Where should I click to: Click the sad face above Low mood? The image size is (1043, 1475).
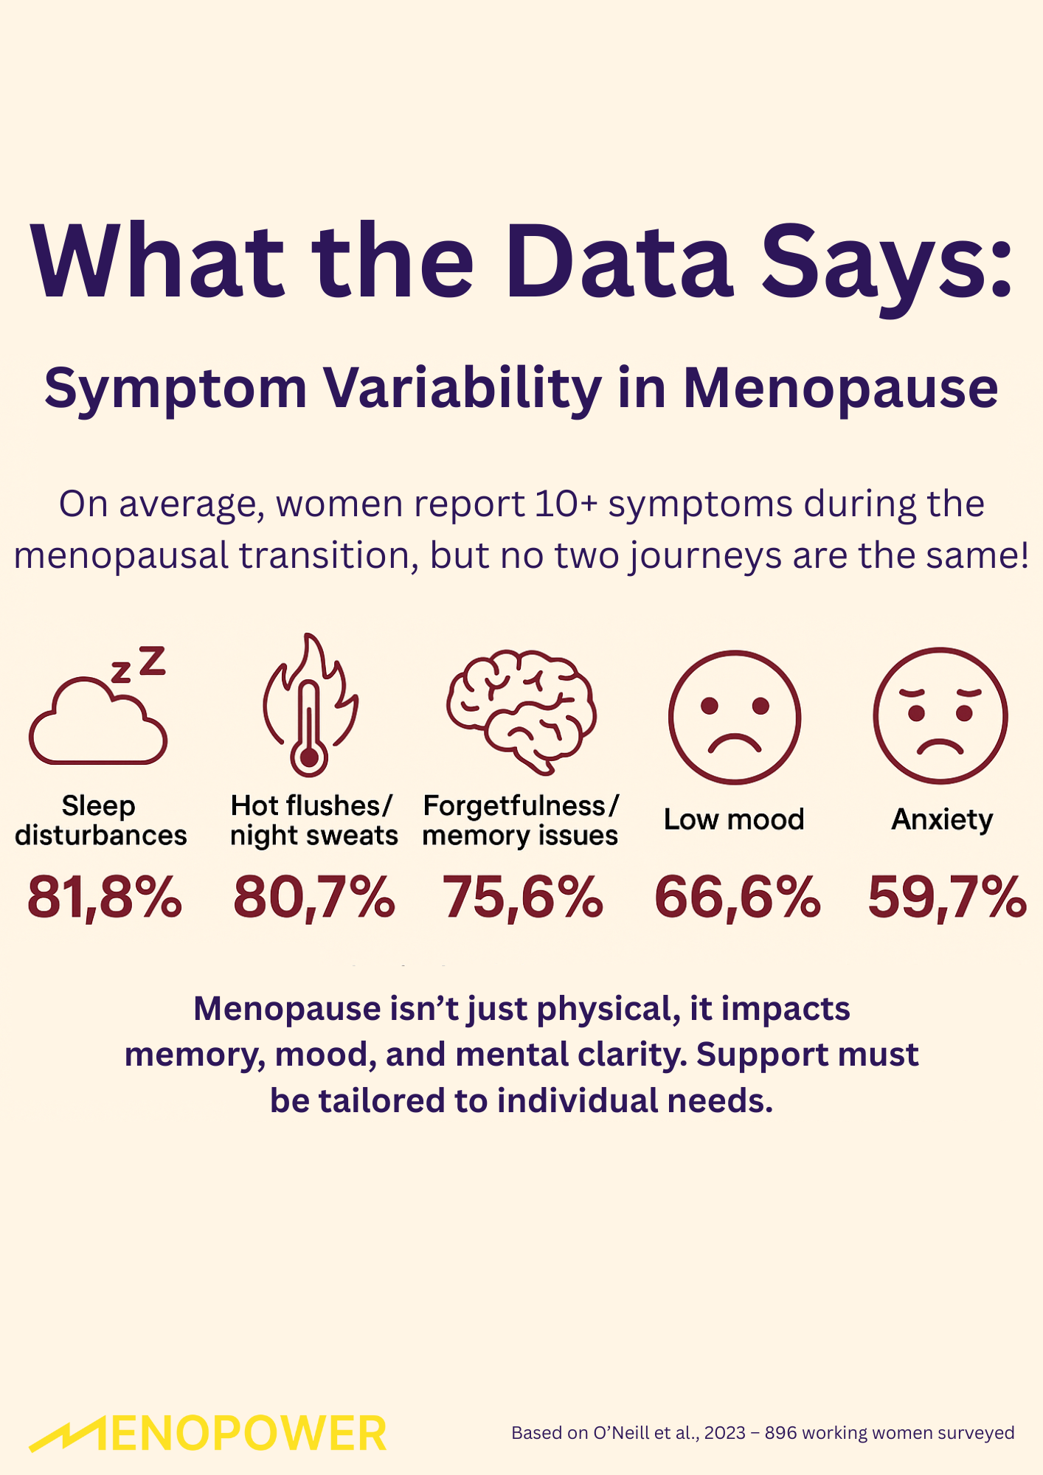click(735, 717)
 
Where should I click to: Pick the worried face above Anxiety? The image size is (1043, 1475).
click(940, 715)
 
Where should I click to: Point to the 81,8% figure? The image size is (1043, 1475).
click(104, 898)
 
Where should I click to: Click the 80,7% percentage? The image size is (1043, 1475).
click(313, 898)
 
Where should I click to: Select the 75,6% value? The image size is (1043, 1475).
click(522, 898)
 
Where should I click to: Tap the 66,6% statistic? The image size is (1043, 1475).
click(737, 898)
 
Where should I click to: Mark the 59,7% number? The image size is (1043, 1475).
click(946, 898)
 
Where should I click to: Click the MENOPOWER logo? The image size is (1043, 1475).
click(208, 1434)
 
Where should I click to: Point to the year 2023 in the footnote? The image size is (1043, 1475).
click(724, 1433)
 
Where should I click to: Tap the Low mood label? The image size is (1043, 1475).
click(734, 819)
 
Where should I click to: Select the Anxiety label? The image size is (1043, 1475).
click(942, 819)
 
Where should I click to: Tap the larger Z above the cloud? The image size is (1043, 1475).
click(153, 660)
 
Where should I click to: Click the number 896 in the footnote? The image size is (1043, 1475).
click(780, 1433)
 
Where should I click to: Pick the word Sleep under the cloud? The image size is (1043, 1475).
click(99, 805)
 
